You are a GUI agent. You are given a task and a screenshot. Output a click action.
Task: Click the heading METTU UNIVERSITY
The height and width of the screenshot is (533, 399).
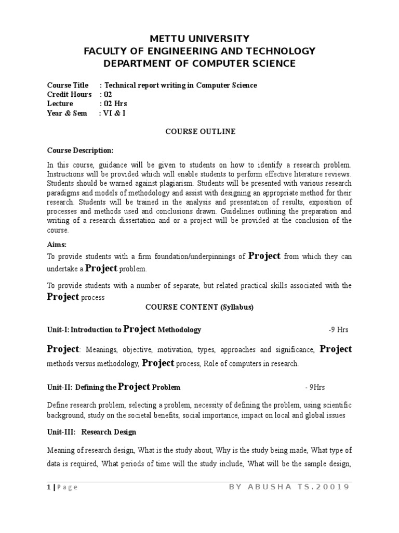(199, 39)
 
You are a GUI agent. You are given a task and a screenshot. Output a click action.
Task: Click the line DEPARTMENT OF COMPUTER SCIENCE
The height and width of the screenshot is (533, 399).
(199, 64)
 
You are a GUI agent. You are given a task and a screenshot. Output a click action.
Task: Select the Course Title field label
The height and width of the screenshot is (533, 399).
(68, 85)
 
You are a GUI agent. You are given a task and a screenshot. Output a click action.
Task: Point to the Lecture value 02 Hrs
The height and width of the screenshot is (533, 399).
(115, 104)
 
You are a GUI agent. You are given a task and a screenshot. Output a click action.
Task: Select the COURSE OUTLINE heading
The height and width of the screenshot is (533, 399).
(200, 132)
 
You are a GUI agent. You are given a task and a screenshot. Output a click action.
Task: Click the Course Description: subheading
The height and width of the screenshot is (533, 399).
(80, 150)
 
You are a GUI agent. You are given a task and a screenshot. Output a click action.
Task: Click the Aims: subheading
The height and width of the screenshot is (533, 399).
(57, 245)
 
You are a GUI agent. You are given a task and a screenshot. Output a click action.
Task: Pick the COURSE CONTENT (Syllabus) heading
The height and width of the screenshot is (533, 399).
(199, 307)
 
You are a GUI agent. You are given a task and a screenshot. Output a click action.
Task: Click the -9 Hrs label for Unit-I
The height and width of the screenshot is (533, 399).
(338, 330)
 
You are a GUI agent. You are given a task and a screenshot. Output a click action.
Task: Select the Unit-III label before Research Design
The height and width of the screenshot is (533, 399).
(61, 432)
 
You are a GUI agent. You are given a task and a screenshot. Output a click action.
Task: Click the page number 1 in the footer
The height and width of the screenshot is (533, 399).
(48, 487)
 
